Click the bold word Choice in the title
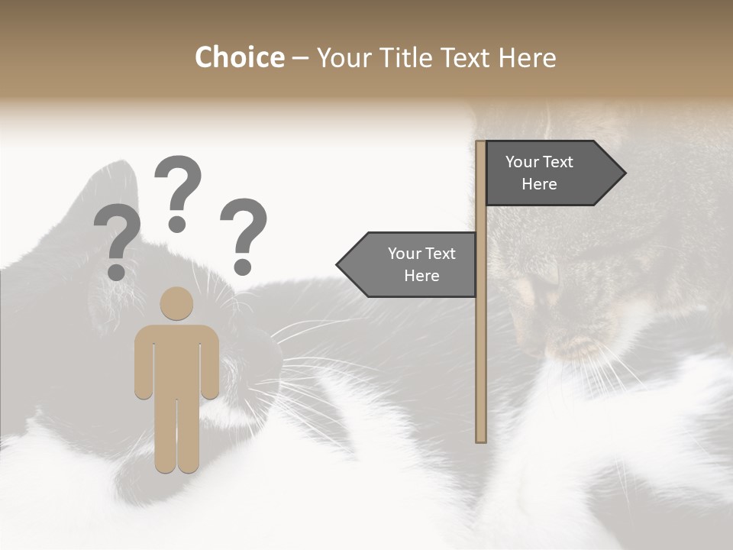pos(239,57)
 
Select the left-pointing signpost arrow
pos(408,264)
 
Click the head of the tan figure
pos(177,303)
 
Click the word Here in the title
pos(528,57)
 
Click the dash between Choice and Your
pos(300,58)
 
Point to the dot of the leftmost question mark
pos(117,271)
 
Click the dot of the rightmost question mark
pos(243,267)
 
